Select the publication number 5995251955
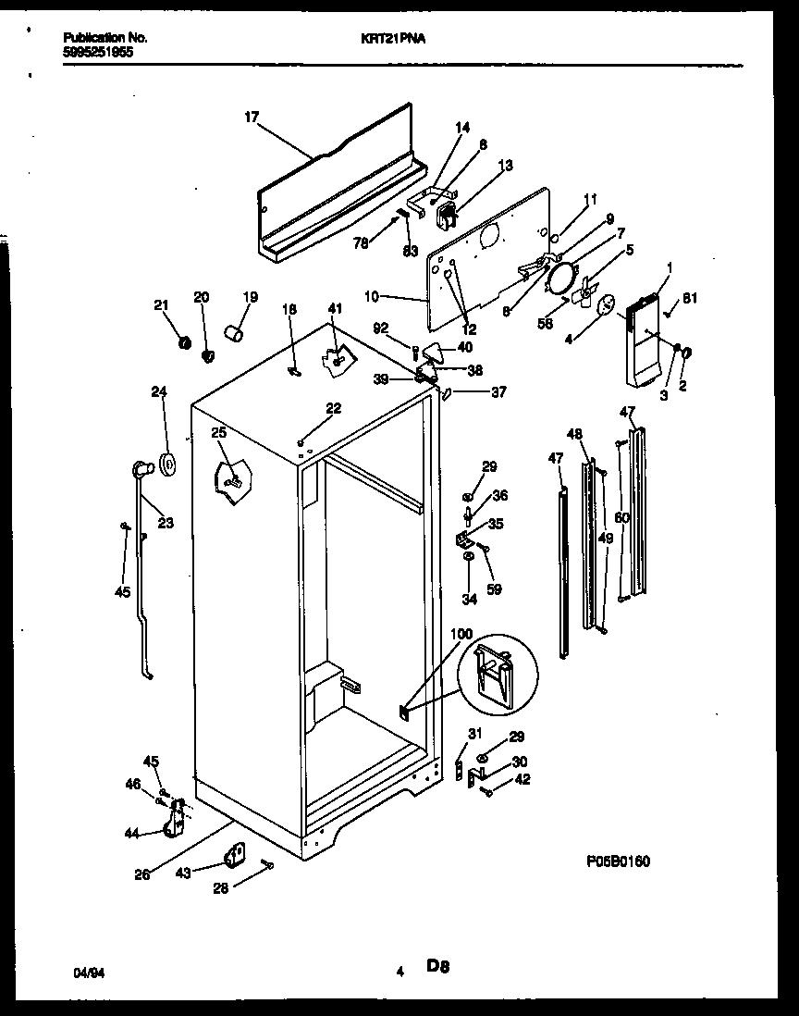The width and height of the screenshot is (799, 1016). click(x=98, y=53)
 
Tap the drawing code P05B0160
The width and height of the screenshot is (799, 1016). click(x=617, y=861)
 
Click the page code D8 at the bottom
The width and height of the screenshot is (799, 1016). click(x=437, y=968)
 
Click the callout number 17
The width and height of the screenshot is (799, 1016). click(x=252, y=118)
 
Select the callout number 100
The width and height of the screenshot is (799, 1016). click(x=461, y=634)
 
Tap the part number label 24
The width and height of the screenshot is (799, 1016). click(x=158, y=390)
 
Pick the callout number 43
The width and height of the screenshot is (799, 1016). click(x=184, y=873)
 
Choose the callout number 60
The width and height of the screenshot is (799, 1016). click(x=621, y=518)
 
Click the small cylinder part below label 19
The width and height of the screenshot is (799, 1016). click(x=235, y=331)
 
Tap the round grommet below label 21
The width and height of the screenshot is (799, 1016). click(x=184, y=344)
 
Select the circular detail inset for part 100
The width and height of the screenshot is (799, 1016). click(x=497, y=675)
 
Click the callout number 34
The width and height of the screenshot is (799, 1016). click(x=469, y=600)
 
